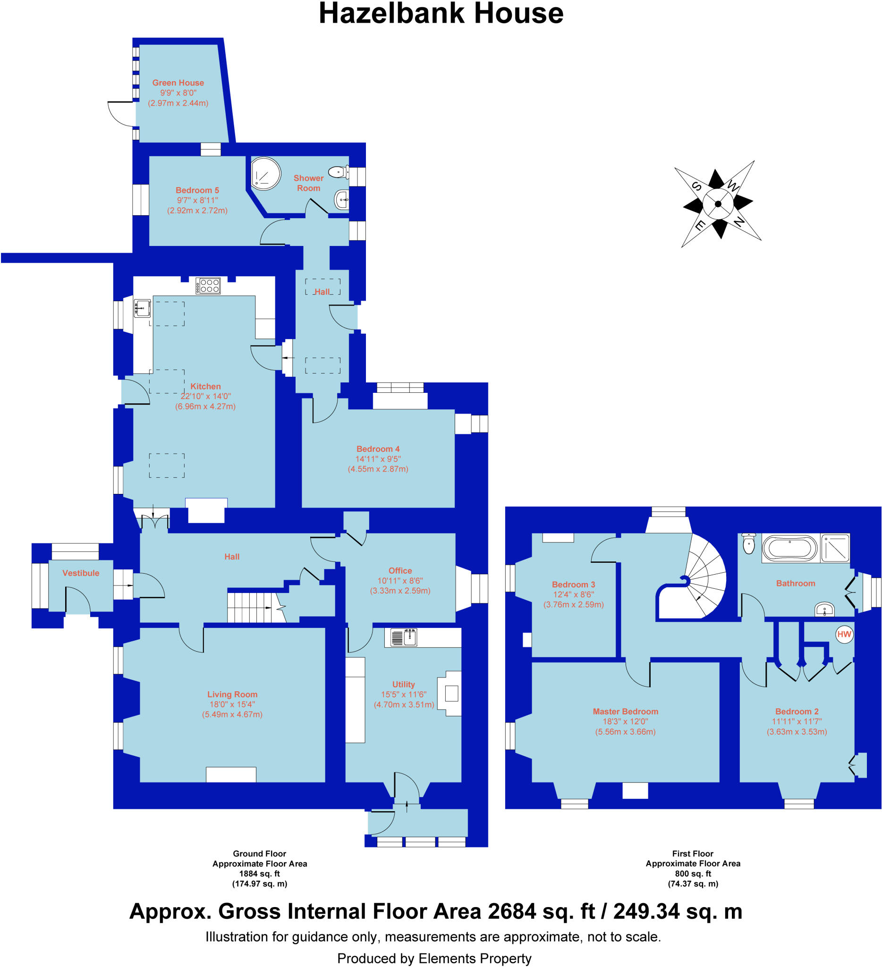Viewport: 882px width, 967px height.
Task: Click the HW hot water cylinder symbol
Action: (844, 634)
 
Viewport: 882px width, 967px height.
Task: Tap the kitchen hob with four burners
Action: (208, 286)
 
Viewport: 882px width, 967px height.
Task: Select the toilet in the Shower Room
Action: (339, 171)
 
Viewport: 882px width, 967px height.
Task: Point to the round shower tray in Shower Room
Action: (266, 173)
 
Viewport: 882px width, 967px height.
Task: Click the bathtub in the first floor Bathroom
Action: (789, 548)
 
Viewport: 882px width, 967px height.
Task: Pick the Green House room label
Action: (178, 83)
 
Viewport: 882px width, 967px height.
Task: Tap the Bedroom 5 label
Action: (197, 190)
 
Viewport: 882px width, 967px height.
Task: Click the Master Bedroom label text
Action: (625, 712)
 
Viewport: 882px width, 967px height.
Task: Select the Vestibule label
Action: (81, 573)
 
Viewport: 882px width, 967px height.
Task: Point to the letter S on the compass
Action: (696, 187)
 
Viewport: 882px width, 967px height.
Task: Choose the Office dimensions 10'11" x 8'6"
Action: (400, 581)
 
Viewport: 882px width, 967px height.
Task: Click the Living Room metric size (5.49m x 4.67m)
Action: (232, 714)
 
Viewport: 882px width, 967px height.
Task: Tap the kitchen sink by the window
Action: (142, 308)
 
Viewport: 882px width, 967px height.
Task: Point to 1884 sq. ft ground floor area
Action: (260, 874)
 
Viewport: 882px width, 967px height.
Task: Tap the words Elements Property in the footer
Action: (475, 959)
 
